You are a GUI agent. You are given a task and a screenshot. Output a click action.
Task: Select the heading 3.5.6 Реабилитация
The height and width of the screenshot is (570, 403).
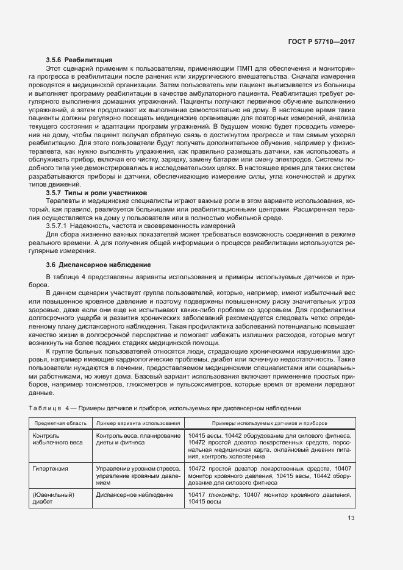point(79,60)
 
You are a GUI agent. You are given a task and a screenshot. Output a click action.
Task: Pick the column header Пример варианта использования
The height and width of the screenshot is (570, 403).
point(137,422)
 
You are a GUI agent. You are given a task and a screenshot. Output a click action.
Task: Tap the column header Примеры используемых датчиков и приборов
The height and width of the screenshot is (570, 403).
point(269,422)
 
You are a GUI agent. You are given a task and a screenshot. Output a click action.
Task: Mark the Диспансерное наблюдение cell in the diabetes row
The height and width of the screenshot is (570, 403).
point(135,494)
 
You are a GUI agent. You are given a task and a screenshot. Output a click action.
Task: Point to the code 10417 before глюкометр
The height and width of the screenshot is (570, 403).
point(198,494)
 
